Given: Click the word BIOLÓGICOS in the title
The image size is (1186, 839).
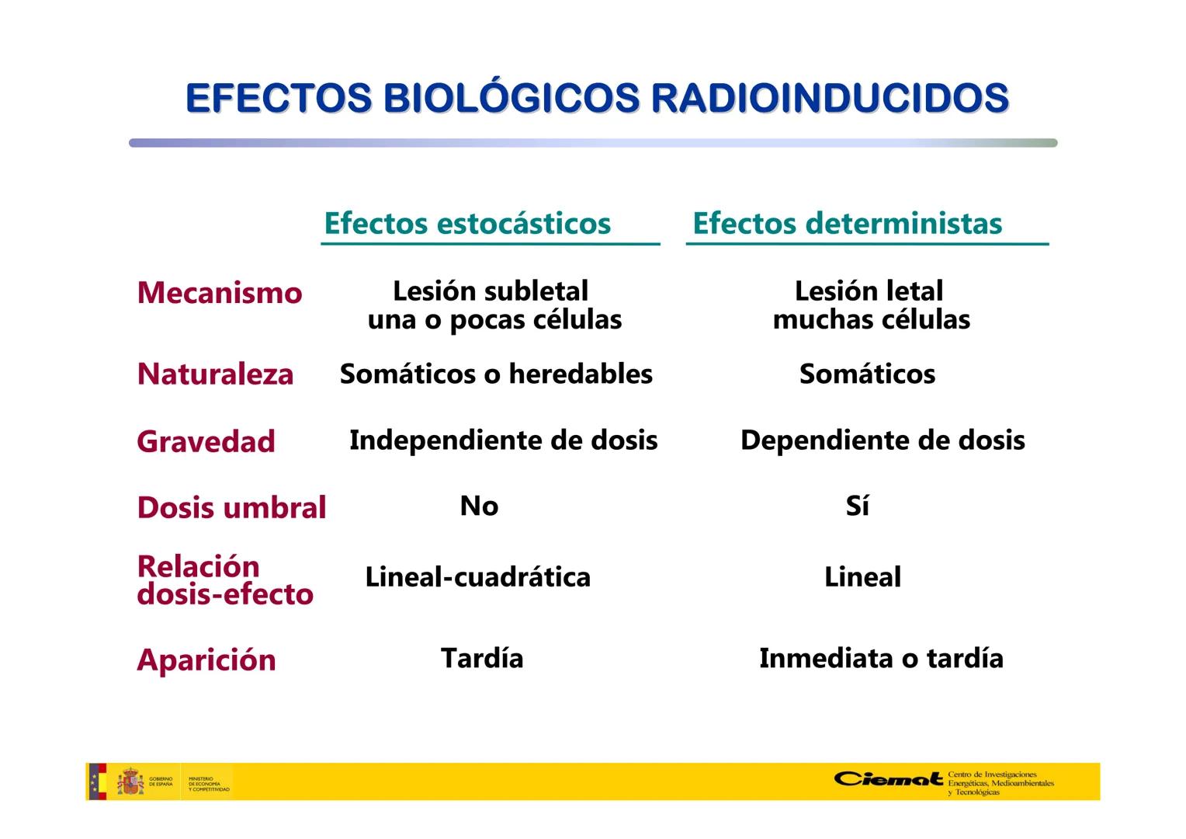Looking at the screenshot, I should pos(512,98).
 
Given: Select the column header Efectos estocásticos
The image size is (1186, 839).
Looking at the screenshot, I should pos(467,223).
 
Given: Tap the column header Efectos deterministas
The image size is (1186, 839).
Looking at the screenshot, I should pos(847,223).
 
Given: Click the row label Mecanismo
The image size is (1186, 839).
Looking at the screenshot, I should pos(220,293).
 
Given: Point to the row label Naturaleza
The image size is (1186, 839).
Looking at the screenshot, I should pos(215,374).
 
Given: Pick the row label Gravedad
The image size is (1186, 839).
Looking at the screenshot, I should pos(206,441).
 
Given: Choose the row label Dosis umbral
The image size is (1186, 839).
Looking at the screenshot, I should pos(231,507).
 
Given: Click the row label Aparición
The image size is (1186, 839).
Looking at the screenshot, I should pos(206,660).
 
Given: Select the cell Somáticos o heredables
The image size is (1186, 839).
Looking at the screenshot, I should pos(496,374).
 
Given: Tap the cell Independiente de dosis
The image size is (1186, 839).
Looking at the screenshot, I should pos(503,440).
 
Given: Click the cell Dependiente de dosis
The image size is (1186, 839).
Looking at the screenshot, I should pos(883,440).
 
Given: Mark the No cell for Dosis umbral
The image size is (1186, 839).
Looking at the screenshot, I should pos(479,506).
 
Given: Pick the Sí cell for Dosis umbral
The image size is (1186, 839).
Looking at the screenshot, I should pos(857,506).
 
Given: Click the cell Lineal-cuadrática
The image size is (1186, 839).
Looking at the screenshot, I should pos(477,576).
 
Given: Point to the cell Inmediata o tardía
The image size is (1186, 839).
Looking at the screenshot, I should pos(881,658).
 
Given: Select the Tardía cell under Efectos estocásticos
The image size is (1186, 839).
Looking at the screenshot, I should pos(482,658).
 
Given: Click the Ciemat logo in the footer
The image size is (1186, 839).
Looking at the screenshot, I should pos(888,779).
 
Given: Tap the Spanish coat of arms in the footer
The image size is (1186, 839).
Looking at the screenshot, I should pos(130,782).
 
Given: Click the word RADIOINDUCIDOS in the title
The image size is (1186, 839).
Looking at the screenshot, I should pos(830,98).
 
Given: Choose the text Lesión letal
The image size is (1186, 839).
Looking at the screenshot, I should pos(869,291).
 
